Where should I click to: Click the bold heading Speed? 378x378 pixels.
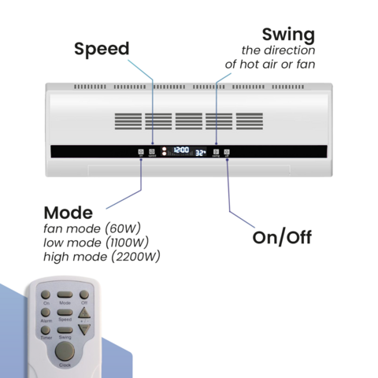(x=102, y=49)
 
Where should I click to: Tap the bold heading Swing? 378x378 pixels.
(x=288, y=35)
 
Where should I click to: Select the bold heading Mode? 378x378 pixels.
(x=68, y=213)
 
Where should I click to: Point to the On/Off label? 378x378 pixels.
(x=282, y=237)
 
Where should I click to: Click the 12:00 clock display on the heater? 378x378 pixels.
(x=181, y=150)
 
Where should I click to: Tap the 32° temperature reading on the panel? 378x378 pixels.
(x=200, y=152)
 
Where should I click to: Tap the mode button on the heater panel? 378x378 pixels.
(x=141, y=151)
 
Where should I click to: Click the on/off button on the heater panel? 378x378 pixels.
(x=227, y=151)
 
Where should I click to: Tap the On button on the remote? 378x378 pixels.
(x=46, y=295)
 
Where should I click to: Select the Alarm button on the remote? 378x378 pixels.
(x=46, y=313)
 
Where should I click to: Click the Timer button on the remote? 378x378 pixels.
(x=46, y=330)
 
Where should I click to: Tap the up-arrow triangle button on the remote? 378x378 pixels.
(x=84, y=313)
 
